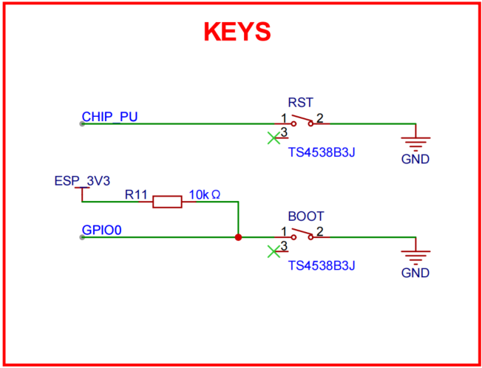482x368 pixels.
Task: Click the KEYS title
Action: pyautogui.click(x=237, y=31)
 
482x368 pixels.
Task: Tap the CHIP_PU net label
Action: pyautogui.click(x=109, y=116)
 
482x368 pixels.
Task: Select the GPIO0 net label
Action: pyautogui.click(x=101, y=231)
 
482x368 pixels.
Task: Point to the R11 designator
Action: pyautogui.click(x=137, y=195)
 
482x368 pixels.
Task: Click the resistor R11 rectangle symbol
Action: pyautogui.click(x=167, y=201)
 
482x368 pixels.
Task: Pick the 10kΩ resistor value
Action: pyautogui.click(x=205, y=194)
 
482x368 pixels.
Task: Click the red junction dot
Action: pyautogui.click(x=238, y=238)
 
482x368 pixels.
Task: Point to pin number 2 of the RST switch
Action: pyautogui.click(x=319, y=117)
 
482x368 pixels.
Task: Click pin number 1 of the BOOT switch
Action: pyautogui.click(x=284, y=232)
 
